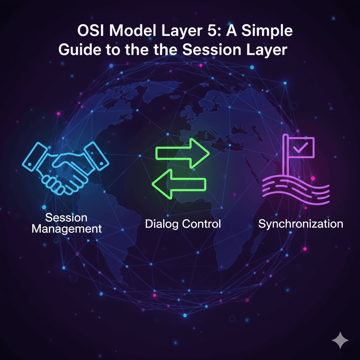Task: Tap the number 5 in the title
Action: pos(211,31)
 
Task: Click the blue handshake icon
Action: pos(66,168)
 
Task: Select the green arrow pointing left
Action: pos(179,184)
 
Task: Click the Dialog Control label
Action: pos(183,224)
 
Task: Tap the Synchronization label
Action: pos(301,224)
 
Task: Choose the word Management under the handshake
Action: pos(66,229)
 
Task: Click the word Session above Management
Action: pos(66,217)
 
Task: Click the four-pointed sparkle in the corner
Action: pos(340,340)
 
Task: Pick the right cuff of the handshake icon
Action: pos(96,156)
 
